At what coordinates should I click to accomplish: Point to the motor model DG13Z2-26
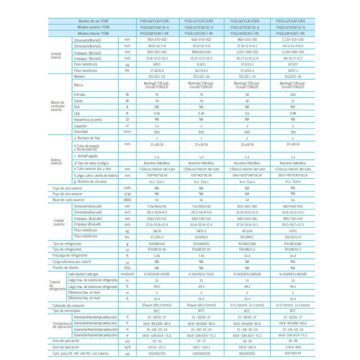pyautogui.click(x=293, y=76)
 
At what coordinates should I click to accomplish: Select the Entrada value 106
pyautogui.click(x=293, y=94)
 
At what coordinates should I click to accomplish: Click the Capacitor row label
pyautogui.click(x=81, y=126)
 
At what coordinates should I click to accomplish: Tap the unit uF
pyautogui.click(x=127, y=126)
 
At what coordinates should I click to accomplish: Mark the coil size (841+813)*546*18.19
pyautogui.click(x=247, y=175)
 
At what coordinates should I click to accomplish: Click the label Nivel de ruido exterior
pyautogui.click(x=69, y=200)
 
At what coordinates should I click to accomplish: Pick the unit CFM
pyautogui.click(x=127, y=194)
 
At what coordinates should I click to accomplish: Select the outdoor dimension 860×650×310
pyautogui.click(x=293, y=206)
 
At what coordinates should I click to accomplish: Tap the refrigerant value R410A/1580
pyautogui.click(x=293, y=244)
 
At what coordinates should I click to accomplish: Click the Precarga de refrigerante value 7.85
pyautogui.click(x=201, y=256)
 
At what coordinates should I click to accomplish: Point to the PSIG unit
pyautogui.click(x=127, y=268)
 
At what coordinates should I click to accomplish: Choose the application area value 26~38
pyautogui.click(x=293, y=341)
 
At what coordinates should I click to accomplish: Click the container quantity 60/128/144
pyautogui.click(x=293, y=353)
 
